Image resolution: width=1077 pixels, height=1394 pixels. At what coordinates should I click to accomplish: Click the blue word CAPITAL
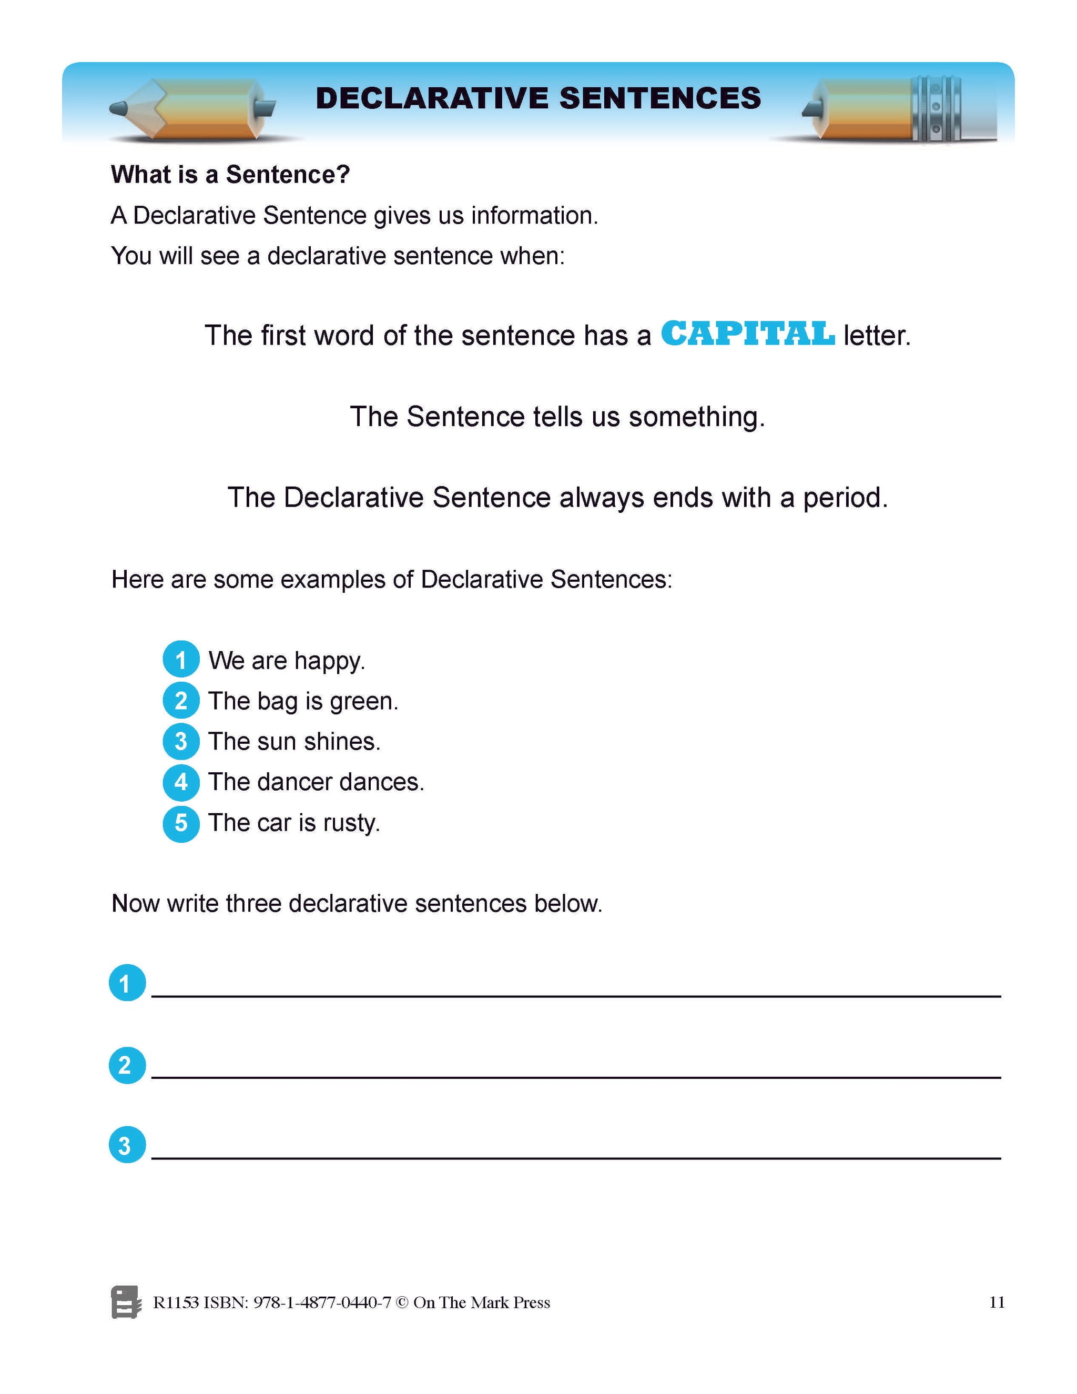747,334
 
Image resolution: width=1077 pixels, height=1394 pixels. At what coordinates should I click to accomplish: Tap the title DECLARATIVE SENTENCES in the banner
538,98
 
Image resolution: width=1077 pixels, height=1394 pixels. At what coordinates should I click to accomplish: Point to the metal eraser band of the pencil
936,108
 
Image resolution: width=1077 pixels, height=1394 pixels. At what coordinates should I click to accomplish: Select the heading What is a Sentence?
230,174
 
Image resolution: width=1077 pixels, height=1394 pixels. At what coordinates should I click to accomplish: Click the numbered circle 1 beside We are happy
181,659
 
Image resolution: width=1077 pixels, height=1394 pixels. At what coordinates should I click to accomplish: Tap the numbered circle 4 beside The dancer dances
181,782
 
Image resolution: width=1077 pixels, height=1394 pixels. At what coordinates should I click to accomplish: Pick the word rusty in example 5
351,823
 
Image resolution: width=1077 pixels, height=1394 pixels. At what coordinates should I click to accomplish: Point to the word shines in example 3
341,742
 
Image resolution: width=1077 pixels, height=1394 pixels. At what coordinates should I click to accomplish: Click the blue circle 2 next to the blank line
127,1065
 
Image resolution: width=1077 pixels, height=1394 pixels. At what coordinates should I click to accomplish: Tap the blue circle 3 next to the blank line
127,1145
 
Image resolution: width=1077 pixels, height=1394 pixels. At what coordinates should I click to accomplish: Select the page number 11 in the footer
997,1302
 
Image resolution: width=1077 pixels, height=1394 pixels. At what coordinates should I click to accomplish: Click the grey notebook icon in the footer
126,1302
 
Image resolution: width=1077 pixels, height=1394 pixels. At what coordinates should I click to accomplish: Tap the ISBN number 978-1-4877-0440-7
321,1302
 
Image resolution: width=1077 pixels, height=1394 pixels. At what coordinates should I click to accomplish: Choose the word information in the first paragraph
534,216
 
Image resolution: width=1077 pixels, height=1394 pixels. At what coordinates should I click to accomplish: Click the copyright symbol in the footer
402,1302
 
